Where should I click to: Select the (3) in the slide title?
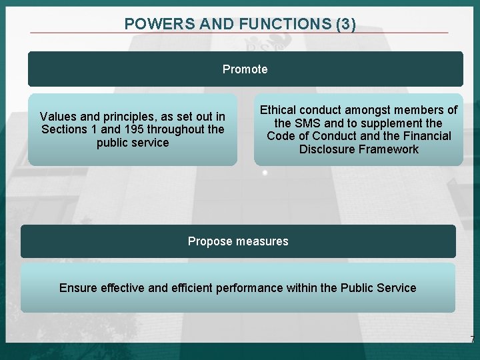346,24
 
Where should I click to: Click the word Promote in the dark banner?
245,69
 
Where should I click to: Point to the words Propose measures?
238,241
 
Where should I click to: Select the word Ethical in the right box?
279,110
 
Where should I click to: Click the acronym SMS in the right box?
307,123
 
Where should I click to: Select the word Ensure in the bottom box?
78,288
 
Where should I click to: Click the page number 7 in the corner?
472,340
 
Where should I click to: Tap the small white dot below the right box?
265,173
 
